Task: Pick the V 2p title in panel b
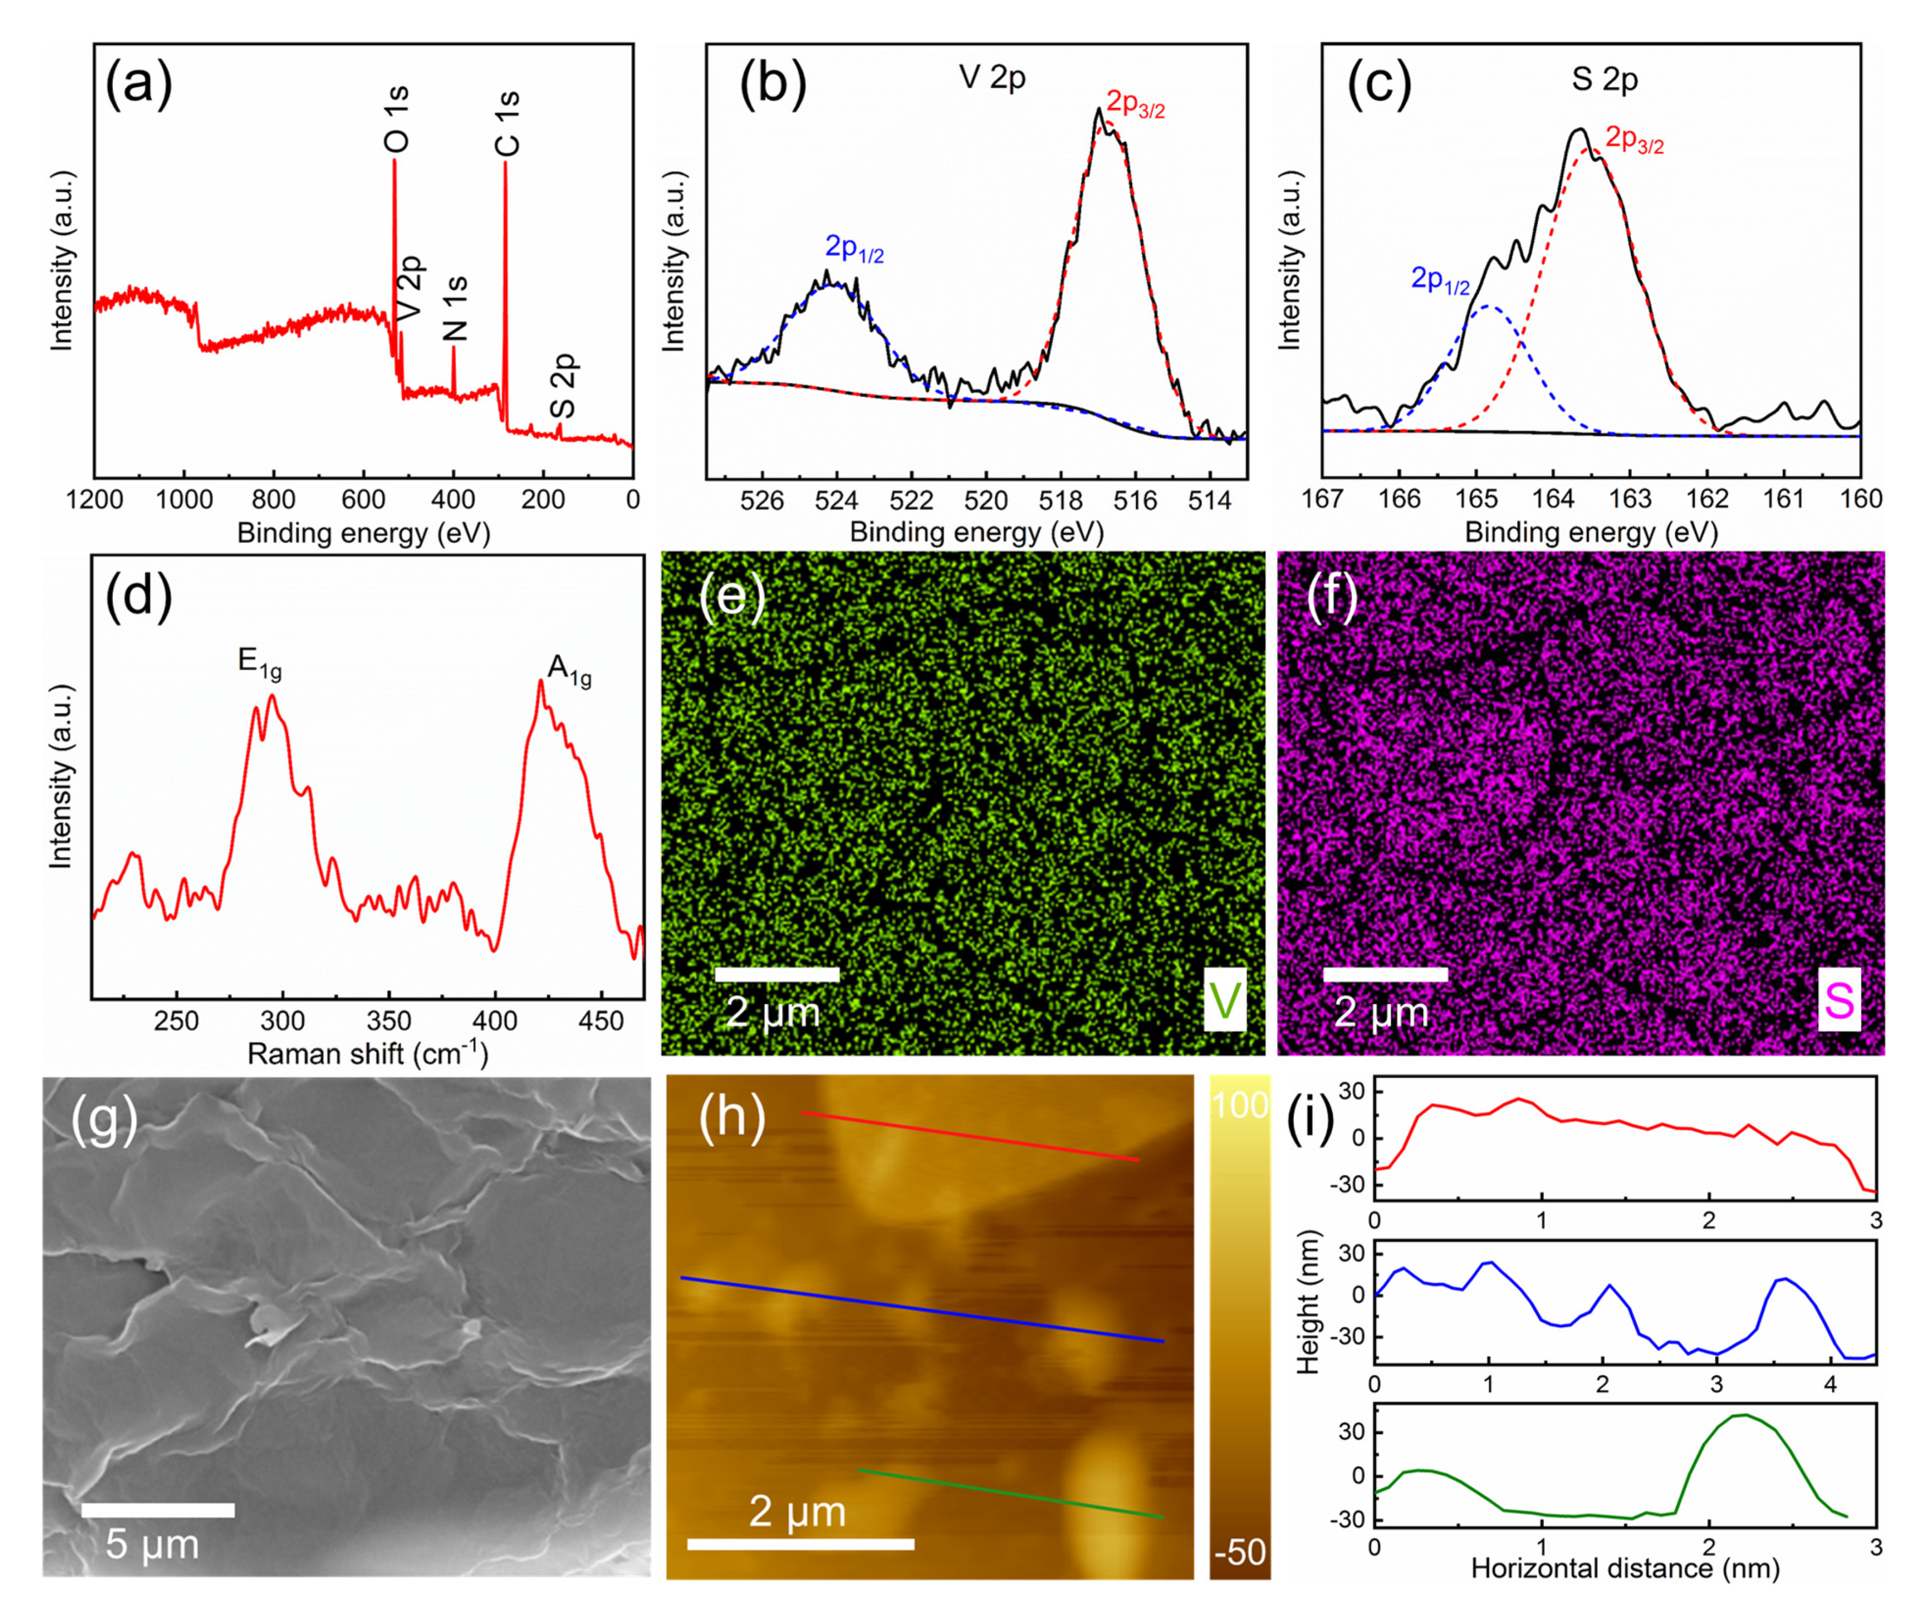(992, 78)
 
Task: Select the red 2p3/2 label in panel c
(1635, 140)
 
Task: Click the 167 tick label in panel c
(1322, 499)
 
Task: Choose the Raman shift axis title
(367, 1054)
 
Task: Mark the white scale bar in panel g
(157, 1510)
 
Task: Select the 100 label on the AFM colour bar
(1240, 1105)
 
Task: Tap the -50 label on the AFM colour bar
(1240, 1552)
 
